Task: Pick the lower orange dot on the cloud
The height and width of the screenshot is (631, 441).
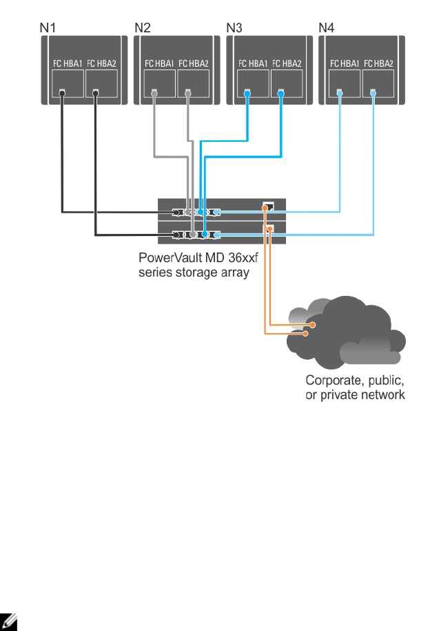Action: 307,334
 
